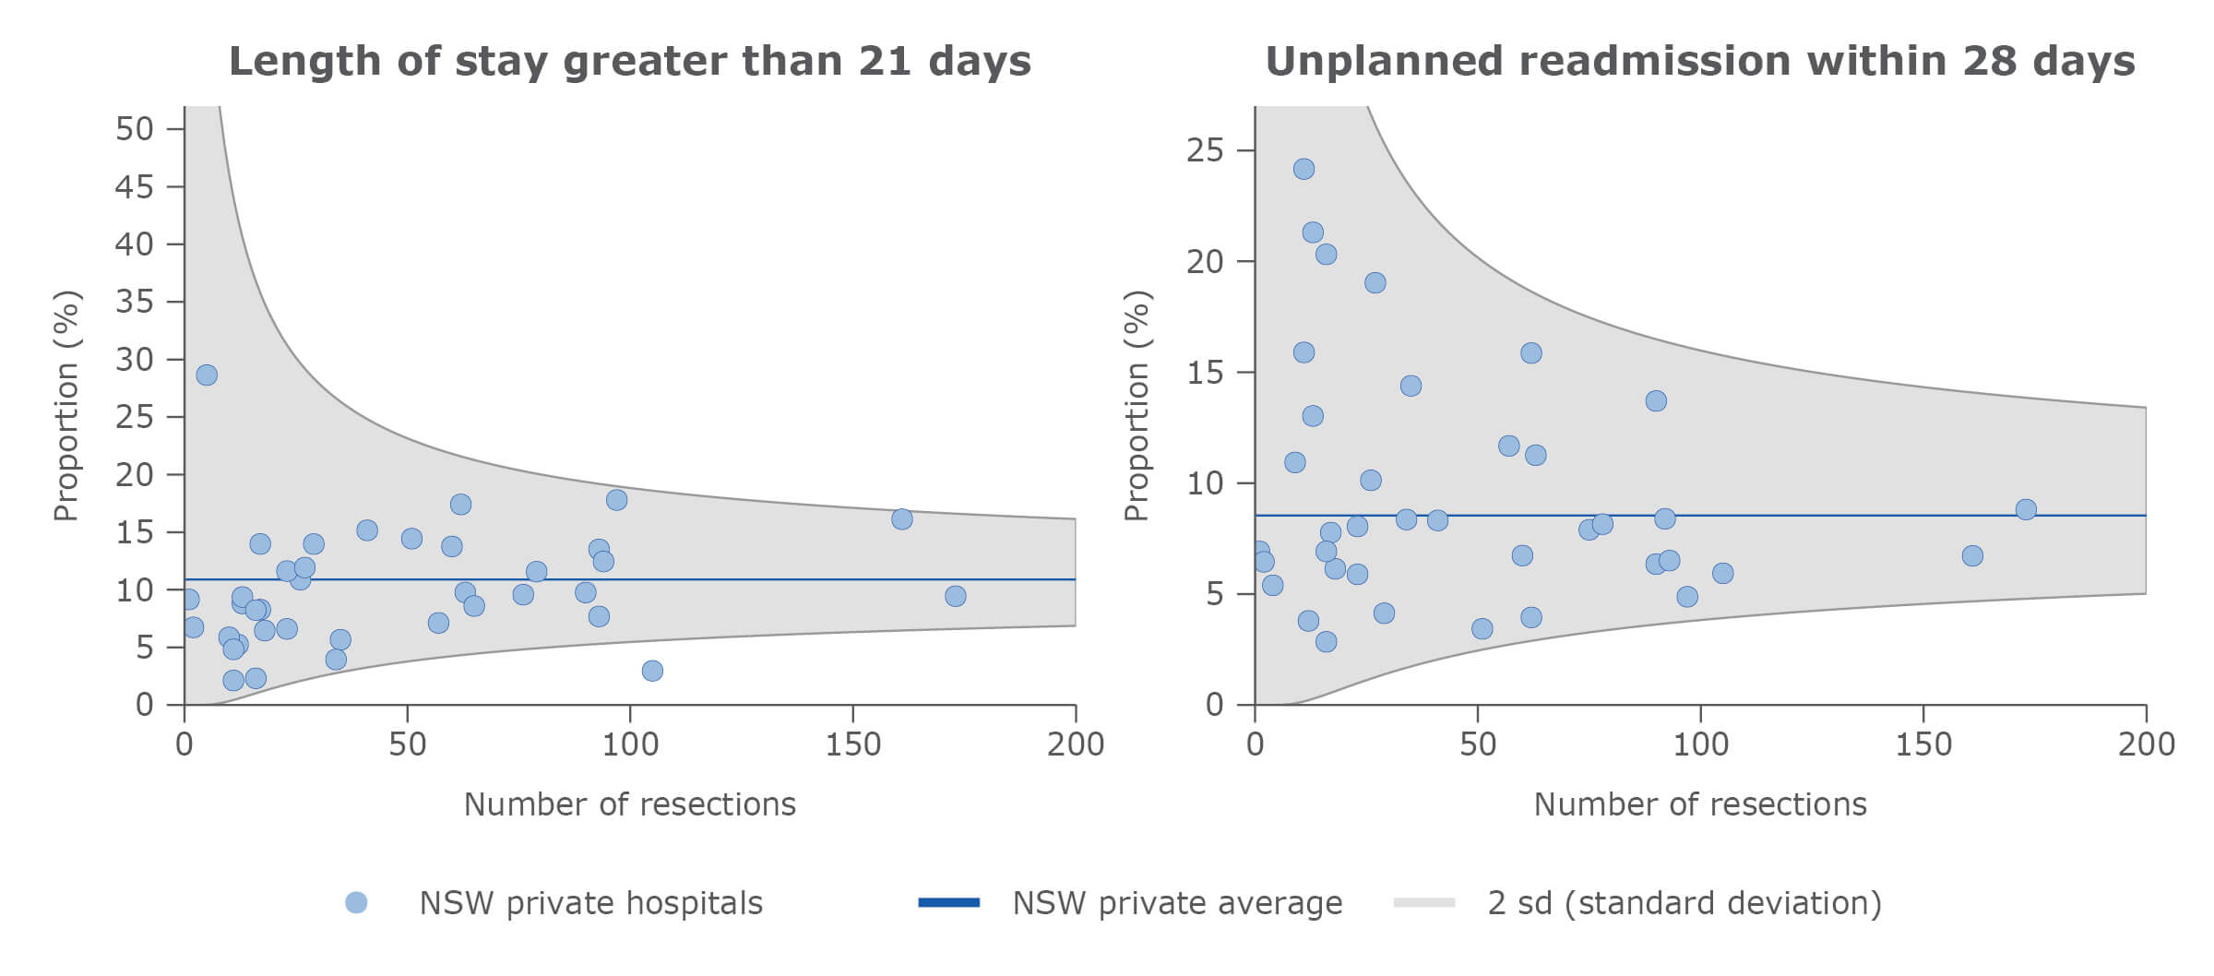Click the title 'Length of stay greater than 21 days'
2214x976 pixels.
[x=629, y=62]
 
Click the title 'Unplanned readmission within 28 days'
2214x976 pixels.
[x=1699, y=62]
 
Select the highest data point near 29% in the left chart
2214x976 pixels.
[x=207, y=375]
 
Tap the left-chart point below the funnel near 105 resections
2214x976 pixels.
[x=652, y=671]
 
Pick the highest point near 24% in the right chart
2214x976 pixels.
[x=1303, y=169]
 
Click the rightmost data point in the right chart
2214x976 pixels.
[x=2026, y=509]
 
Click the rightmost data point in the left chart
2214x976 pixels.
[x=956, y=596]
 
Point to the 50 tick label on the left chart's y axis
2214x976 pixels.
[x=134, y=129]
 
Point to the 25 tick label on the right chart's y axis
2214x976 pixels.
[x=1205, y=150]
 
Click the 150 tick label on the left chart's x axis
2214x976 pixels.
[x=852, y=744]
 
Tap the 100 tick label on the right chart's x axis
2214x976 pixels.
[x=1700, y=744]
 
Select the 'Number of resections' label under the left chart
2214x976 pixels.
[x=629, y=804]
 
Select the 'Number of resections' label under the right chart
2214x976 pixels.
[x=1699, y=804]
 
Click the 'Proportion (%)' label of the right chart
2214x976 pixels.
[x=1137, y=406]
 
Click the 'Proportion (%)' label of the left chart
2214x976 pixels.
[x=66, y=406]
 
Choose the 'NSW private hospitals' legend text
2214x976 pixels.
[x=590, y=903]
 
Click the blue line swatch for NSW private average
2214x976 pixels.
[x=948, y=903]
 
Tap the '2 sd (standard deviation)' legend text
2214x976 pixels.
[x=1684, y=903]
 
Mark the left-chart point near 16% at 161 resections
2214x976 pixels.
[x=902, y=519]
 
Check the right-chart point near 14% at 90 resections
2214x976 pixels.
[x=1656, y=400]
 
